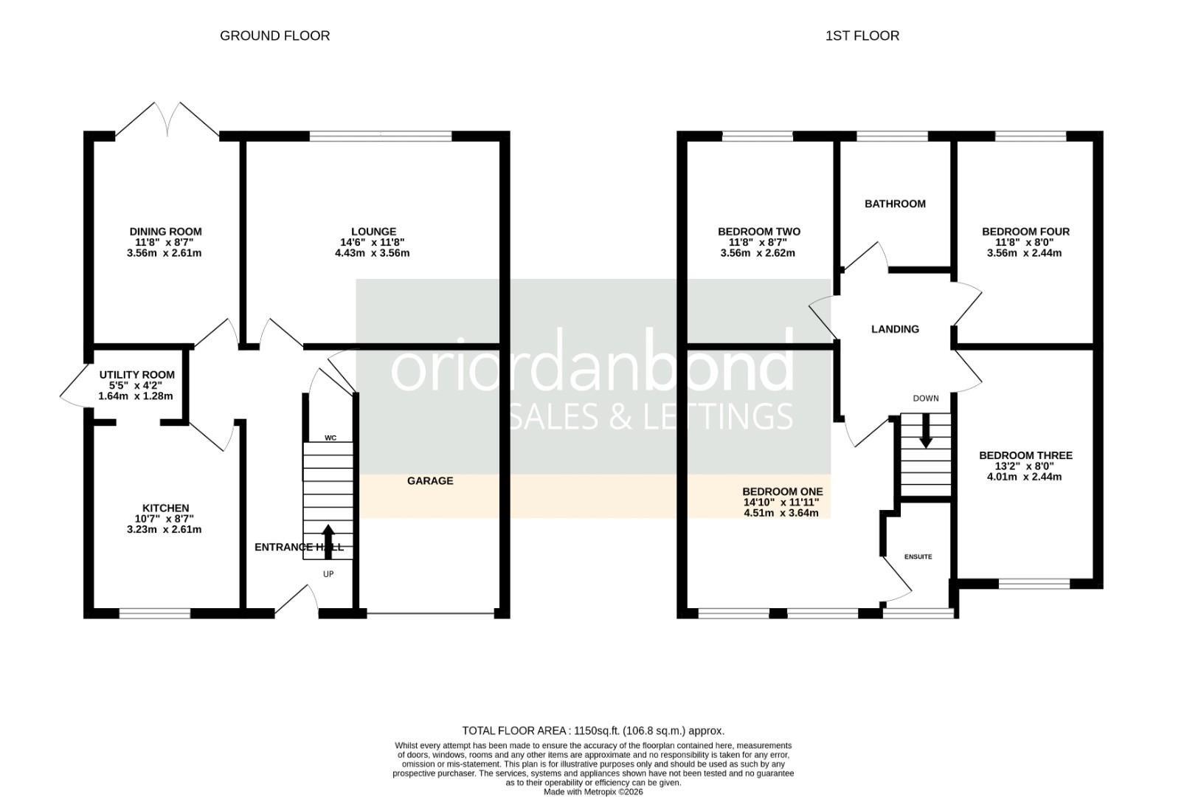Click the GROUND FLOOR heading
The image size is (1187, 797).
tap(274, 35)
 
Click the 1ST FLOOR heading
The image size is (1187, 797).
tap(862, 35)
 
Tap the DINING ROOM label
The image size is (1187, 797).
tap(165, 232)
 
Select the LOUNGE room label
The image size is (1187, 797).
tap(373, 232)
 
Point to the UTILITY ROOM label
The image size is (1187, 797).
tap(136, 375)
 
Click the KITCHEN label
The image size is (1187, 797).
tap(165, 508)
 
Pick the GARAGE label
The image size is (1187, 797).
tap(430, 480)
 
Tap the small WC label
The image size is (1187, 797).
tap(331, 438)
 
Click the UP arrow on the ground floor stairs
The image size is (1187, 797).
tap(328, 542)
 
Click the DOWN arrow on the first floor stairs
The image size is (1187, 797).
tap(925, 430)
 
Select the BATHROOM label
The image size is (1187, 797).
tap(895, 204)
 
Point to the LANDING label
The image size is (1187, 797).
tap(895, 329)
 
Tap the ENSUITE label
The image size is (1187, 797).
tap(918, 557)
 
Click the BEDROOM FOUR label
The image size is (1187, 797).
tap(1025, 232)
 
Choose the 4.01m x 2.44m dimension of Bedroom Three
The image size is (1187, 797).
tap(1024, 477)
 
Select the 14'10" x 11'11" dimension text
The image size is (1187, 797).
tap(781, 502)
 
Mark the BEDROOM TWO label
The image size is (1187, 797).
tap(759, 232)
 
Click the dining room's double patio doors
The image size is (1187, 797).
tap(167, 120)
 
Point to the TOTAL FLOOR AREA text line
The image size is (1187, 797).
tap(593, 731)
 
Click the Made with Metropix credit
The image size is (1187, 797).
tap(593, 792)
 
